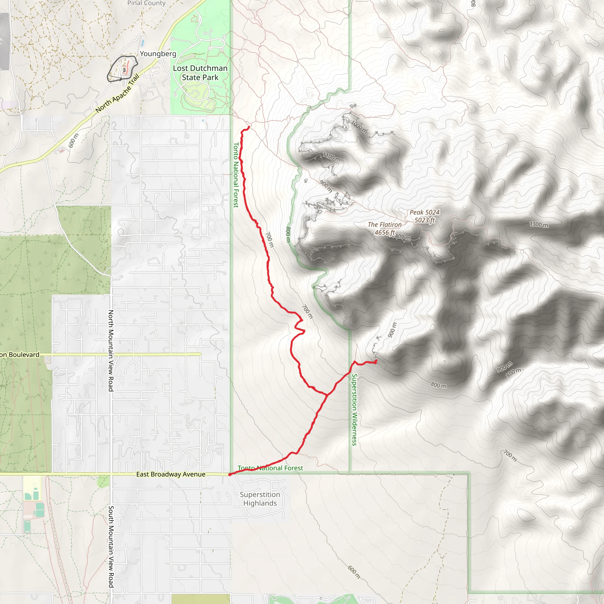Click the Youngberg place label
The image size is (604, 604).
[x=158, y=54]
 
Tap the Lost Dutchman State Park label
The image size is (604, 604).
[x=200, y=73]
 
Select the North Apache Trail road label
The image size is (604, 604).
[x=117, y=93]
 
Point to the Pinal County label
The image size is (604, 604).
[x=146, y=3]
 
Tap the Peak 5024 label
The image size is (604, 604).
[x=425, y=213]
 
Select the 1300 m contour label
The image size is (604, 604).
[x=539, y=224]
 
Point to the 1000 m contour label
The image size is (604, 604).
[x=359, y=127]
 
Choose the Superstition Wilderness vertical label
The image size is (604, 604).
[x=354, y=410]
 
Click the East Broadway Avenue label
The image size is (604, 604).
[x=171, y=474]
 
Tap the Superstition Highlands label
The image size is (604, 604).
[x=260, y=499]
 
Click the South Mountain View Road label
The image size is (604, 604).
[x=111, y=547]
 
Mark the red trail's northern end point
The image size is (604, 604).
[x=249, y=127]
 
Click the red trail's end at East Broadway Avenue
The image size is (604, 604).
[x=230, y=475]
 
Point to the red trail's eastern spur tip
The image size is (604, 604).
[x=376, y=361]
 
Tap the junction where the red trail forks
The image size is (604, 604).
[x=327, y=395]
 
